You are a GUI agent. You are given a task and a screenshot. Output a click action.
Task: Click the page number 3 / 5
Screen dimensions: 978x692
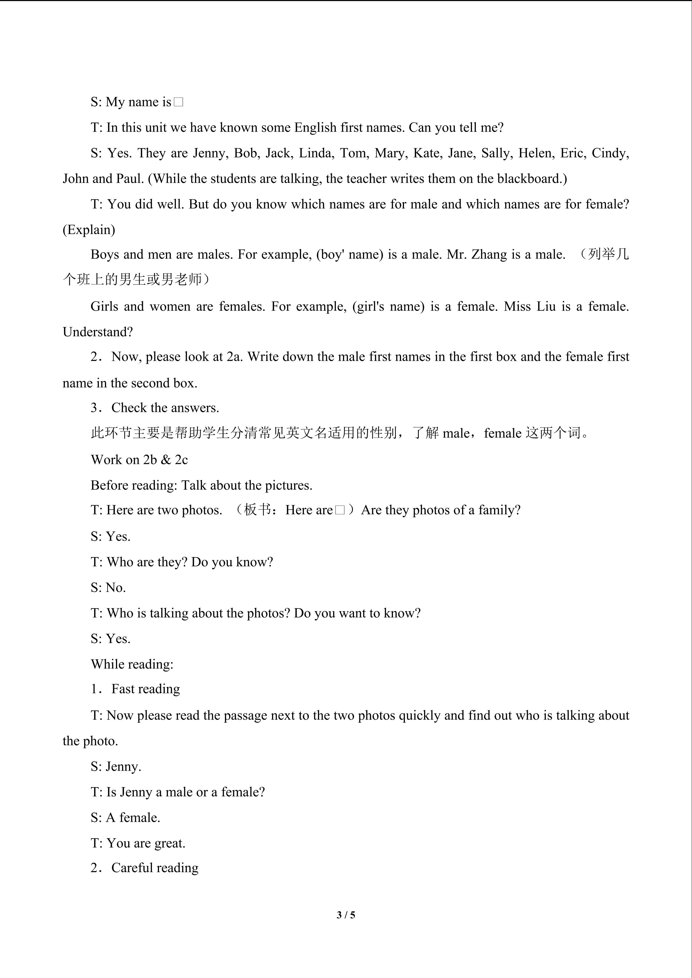point(346,914)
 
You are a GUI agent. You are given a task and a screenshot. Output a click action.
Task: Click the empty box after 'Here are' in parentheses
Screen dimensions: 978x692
point(340,510)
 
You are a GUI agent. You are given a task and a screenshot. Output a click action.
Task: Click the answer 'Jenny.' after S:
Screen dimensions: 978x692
point(124,766)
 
